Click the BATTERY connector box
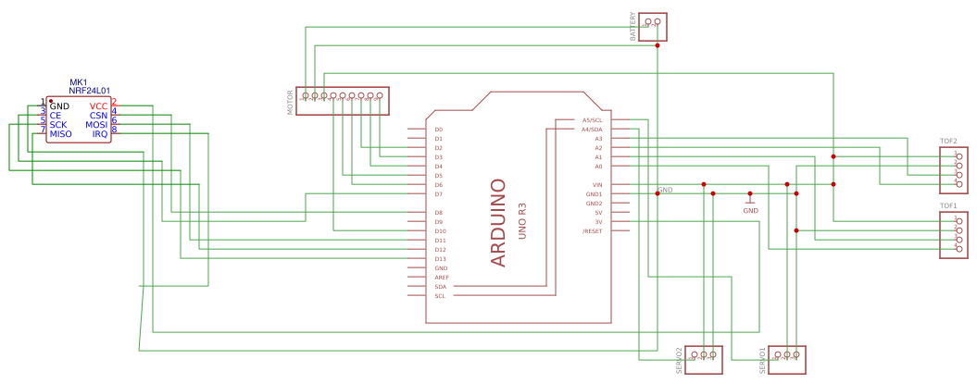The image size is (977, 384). click(x=653, y=27)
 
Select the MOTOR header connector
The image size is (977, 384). click(x=343, y=101)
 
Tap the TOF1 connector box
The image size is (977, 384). click(x=954, y=235)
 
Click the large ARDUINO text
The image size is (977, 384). click(x=498, y=223)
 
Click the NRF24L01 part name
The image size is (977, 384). click(x=90, y=92)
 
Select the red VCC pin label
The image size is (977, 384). click(x=98, y=106)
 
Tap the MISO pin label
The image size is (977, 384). click(x=60, y=134)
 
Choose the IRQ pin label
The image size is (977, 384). click(x=99, y=134)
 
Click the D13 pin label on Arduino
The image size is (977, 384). click(x=440, y=259)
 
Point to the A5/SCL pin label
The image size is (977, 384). click(x=592, y=120)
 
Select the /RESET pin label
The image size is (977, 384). click(x=592, y=231)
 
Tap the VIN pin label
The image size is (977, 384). click(x=597, y=185)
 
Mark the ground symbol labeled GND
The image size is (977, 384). click(x=750, y=201)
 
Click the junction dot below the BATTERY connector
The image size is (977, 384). click(x=658, y=44)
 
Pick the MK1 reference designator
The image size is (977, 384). click(x=78, y=82)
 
